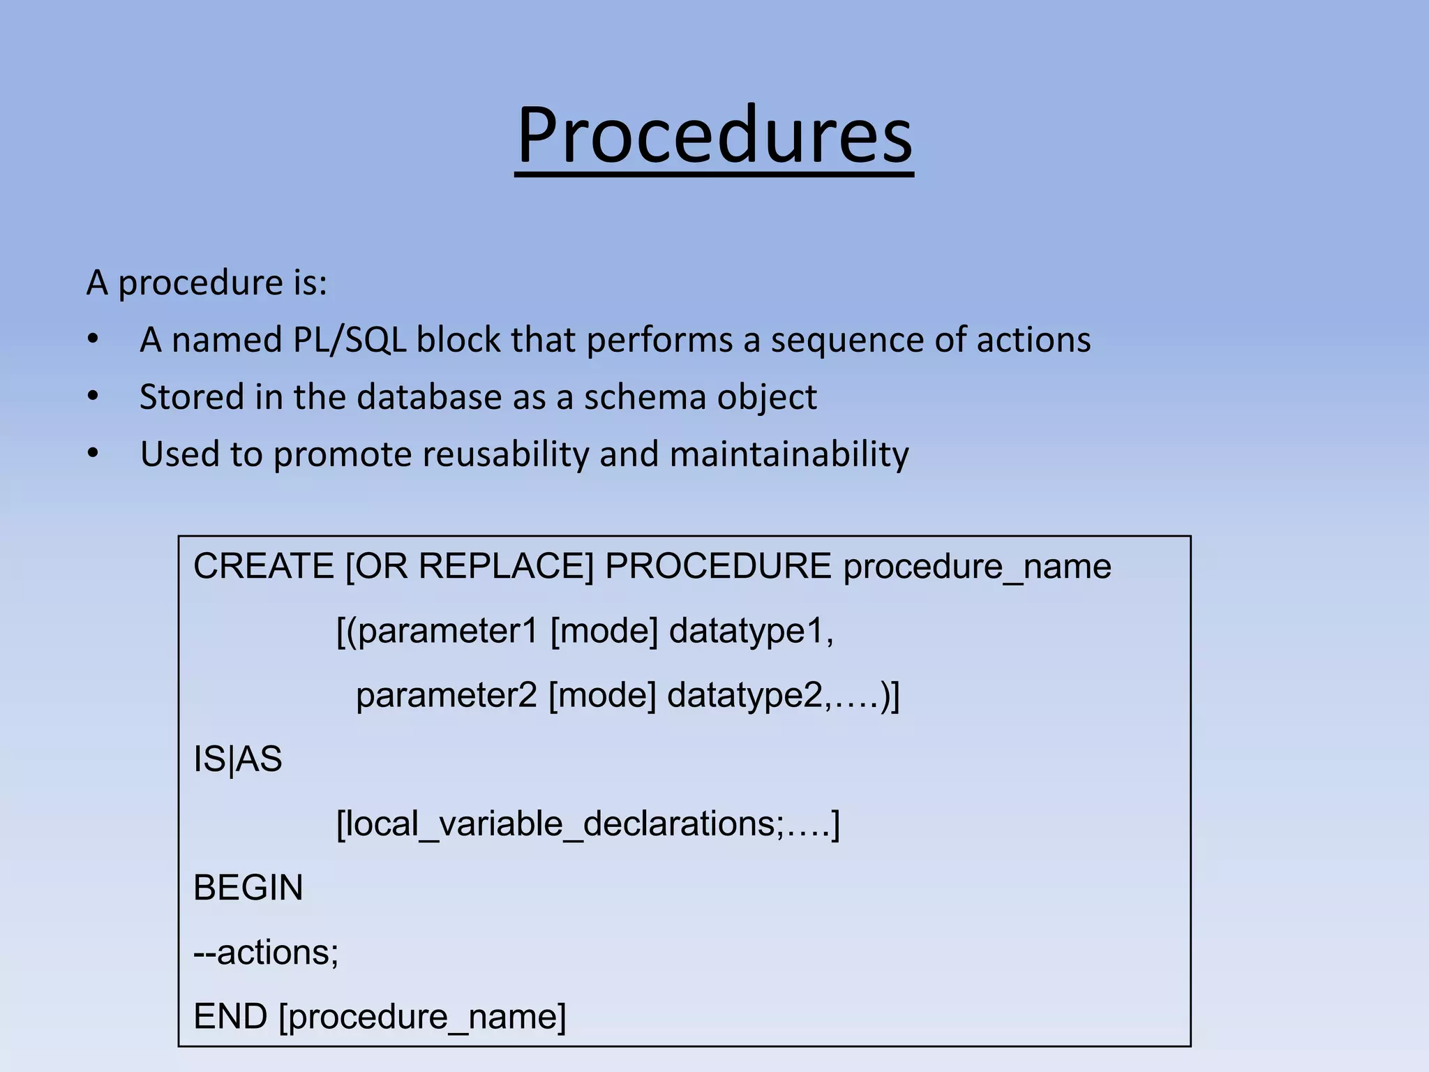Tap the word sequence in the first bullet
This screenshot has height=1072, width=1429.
click(846, 341)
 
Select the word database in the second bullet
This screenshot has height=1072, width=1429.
click(429, 398)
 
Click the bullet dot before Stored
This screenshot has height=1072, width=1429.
click(93, 396)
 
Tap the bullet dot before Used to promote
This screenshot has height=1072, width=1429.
click(93, 454)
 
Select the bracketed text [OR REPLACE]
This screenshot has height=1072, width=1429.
click(470, 566)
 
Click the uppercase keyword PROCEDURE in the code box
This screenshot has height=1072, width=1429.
click(717, 566)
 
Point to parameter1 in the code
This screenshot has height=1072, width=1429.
click(448, 631)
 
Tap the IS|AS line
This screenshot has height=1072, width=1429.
click(238, 759)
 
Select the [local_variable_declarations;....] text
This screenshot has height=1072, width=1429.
click(588, 824)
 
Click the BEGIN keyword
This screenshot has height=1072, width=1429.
click(248, 888)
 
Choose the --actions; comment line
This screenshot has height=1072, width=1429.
click(266, 953)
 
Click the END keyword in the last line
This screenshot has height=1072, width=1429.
click(230, 1017)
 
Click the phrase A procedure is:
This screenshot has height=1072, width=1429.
click(207, 283)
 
